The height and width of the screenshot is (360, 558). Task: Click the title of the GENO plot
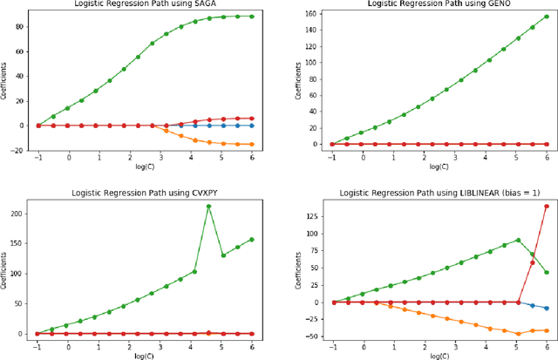click(x=428, y=4)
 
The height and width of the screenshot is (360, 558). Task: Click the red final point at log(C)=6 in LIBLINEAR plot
click(x=547, y=207)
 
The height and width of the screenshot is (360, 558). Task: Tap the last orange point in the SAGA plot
click(x=251, y=145)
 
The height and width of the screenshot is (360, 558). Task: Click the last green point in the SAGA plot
click(x=251, y=16)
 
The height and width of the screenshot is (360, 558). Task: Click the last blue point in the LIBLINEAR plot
click(x=547, y=309)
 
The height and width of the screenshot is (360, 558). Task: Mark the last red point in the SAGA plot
click(x=251, y=119)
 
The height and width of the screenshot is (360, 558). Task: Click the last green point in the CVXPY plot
click(x=251, y=240)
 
